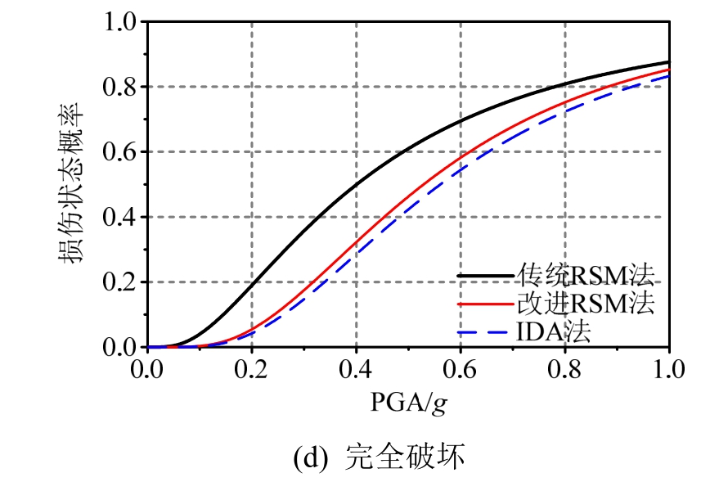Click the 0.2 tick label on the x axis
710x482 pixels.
tap(251, 367)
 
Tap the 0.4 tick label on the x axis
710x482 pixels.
tap(356, 367)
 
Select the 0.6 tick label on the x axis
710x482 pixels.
tap(461, 367)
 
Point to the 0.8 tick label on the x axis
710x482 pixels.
tap(565, 367)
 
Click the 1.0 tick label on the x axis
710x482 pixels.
tap(668, 367)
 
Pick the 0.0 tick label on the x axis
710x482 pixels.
tap(146, 367)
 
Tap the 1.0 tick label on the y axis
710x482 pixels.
tap(119, 22)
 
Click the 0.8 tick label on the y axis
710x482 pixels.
tap(119, 87)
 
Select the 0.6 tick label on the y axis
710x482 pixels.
tap(119, 152)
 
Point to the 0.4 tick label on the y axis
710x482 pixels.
tap(119, 218)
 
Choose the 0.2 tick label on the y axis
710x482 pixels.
tap(119, 282)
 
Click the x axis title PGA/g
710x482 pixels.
tap(407, 403)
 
